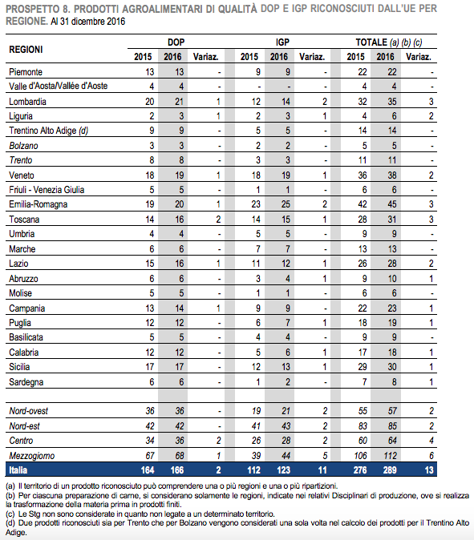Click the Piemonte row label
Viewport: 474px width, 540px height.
point(26,72)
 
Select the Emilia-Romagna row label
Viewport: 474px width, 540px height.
point(38,204)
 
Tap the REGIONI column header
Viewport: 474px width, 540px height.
point(26,50)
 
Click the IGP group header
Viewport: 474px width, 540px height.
point(282,42)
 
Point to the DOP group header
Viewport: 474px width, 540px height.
point(176,42)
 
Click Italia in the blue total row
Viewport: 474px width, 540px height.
point(18,470)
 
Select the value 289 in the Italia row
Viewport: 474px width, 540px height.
point(390,470)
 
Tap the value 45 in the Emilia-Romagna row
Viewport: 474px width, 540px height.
point(392,204)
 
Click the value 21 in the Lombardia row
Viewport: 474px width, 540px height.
point(180,102)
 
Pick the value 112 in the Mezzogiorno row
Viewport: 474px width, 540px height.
point(391,456)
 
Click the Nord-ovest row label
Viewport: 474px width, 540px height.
point(29,411)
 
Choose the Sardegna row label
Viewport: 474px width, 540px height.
point(26,382)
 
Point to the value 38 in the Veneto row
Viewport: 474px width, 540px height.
point(392,175)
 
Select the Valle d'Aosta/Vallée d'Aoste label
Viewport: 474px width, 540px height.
point(59,86)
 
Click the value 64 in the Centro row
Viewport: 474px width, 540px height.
point(392,441)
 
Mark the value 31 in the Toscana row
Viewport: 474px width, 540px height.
point(392,220)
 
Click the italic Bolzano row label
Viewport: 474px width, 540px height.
point(23,146)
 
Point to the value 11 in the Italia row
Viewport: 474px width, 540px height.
point(322,470)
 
